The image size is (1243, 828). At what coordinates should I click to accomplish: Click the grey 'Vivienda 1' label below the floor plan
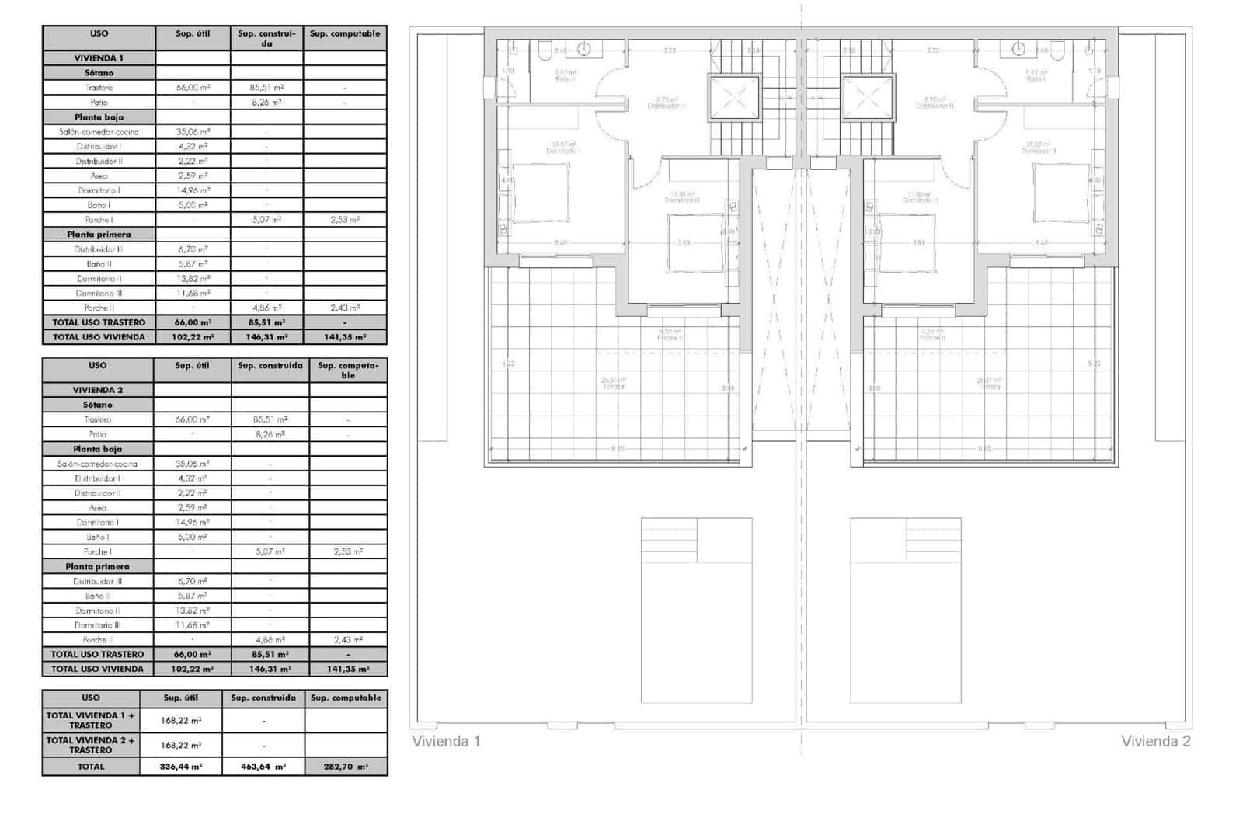click(446, 741)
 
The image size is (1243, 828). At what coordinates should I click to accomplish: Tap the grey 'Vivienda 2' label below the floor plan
click(1155, 741)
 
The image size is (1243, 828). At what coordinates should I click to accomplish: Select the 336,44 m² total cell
click(181, 767)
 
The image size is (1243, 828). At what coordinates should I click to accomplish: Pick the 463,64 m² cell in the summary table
click(263, 767)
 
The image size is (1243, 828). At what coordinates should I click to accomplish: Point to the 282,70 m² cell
click(346, 767)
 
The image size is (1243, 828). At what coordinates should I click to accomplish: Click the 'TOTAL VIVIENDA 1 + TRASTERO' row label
click(90, 720)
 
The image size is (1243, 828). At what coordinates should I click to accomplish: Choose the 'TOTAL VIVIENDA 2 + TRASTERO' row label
click(90, 745)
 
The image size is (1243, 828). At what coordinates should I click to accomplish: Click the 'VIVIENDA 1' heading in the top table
click(99, 58)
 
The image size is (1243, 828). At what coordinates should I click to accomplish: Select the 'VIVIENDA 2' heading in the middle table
click(97, 390)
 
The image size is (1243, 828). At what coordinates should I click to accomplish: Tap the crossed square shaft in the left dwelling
click(733, 98)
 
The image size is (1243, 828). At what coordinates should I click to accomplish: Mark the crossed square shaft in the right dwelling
click(869, 98)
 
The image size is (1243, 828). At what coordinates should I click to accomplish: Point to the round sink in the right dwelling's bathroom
click(1018, 50)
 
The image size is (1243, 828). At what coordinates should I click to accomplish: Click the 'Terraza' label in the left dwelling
click(614, 386)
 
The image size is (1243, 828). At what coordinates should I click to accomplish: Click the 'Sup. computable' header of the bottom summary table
click(346, 698)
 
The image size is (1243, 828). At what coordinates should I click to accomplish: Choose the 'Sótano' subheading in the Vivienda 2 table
click(97, 405)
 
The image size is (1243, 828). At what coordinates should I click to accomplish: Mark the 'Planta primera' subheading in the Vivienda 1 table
click(99, 235)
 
